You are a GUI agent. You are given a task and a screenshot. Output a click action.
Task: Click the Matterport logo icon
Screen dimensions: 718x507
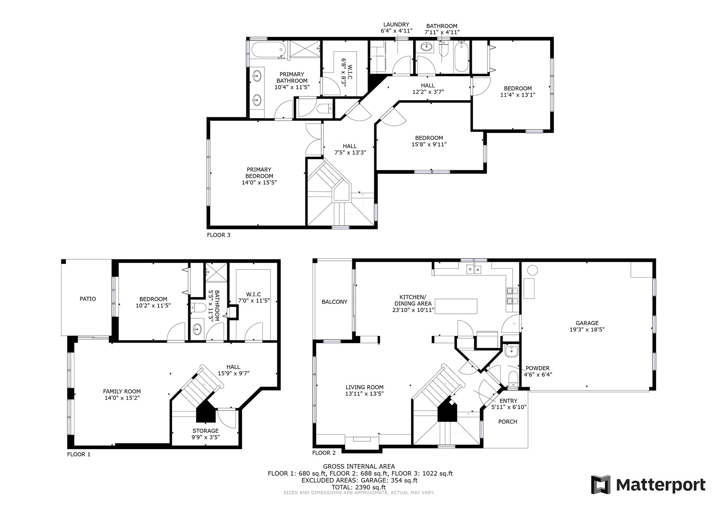[601, 485]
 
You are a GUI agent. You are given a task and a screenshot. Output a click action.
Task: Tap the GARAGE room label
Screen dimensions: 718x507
[587, 323]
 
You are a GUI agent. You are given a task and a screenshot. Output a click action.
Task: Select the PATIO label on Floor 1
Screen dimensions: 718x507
[88, 299]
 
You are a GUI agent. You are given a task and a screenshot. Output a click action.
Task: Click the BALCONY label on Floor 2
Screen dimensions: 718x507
[334, 302]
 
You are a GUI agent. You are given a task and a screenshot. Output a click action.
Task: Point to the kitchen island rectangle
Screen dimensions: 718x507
[456, 306]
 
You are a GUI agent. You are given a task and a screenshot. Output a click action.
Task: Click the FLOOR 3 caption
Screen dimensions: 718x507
[219, 235]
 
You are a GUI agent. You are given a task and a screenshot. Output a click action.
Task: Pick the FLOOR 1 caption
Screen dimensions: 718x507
[79, 454]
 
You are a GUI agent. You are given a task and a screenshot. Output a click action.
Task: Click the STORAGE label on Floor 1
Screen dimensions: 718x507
[206, 431]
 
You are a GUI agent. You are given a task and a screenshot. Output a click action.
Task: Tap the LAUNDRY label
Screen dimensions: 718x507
[396, 25]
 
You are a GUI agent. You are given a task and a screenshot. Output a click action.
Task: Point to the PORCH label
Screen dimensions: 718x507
[508, 421]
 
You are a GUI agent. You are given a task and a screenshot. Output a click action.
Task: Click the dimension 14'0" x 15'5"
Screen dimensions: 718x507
[259, 183]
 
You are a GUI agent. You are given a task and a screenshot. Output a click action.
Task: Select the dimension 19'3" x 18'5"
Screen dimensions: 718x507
[587, 330]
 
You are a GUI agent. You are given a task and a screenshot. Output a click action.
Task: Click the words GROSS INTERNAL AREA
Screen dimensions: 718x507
[359, 466]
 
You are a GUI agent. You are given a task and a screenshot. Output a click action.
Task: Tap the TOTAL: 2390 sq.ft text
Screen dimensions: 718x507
[359, 487]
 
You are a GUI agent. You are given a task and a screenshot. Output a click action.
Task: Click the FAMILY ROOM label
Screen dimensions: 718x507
[122, 392]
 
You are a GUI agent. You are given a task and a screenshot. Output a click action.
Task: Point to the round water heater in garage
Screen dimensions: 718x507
[532, 270]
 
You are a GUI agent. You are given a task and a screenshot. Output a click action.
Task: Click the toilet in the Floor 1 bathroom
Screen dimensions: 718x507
[198, 308]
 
